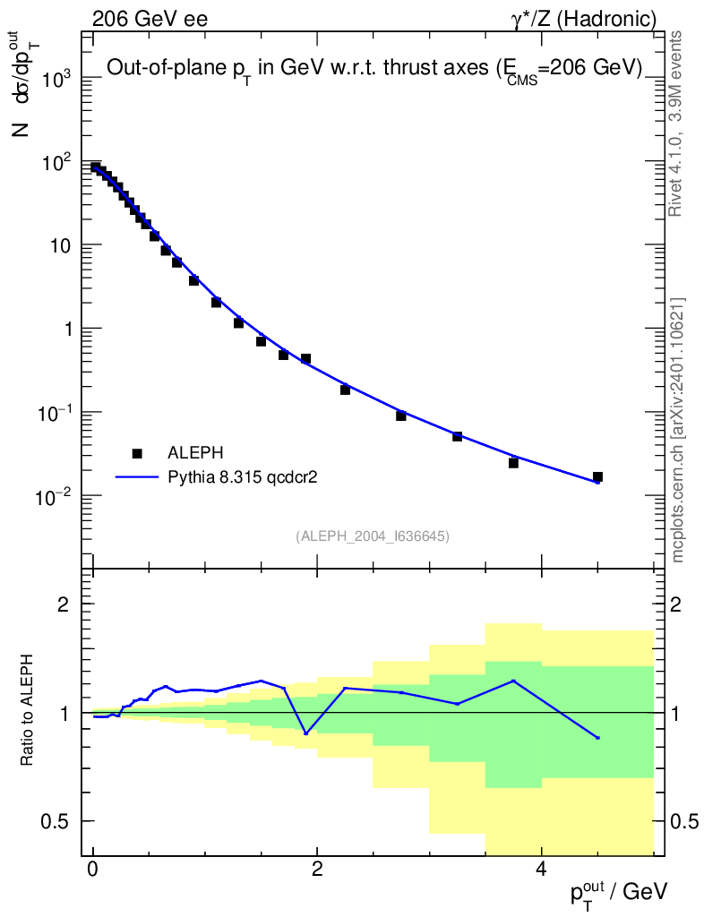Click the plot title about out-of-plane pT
click(x=374, y=69)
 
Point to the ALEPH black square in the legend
click(x=137, y=454)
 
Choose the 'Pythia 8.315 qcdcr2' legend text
click(x=244, y=478)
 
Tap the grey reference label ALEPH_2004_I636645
click(x=372, y=536)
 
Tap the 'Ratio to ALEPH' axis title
click(x=28, y=712)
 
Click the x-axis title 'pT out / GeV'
click(x=619, y=891)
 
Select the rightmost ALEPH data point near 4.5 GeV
click(x=597, y=477)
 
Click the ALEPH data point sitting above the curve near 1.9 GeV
click(x=305, y=358)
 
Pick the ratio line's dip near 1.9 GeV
click(x=305, y=733)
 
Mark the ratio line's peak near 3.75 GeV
click(x=513, y=681)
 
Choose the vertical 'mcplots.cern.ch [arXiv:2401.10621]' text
click(x=678, y=430)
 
